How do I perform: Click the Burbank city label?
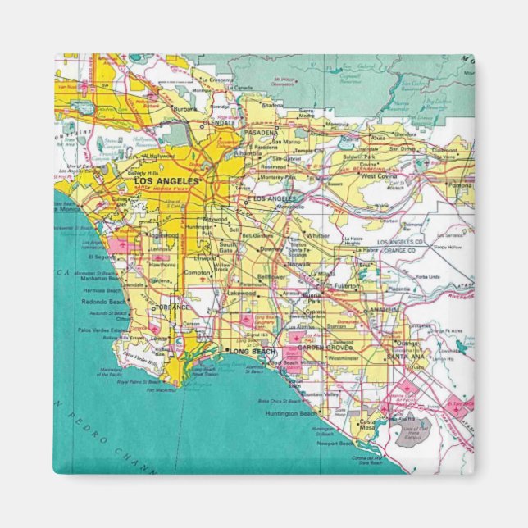point(183,107)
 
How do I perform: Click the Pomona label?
point(461,185)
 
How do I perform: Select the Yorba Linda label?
point(426,276)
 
